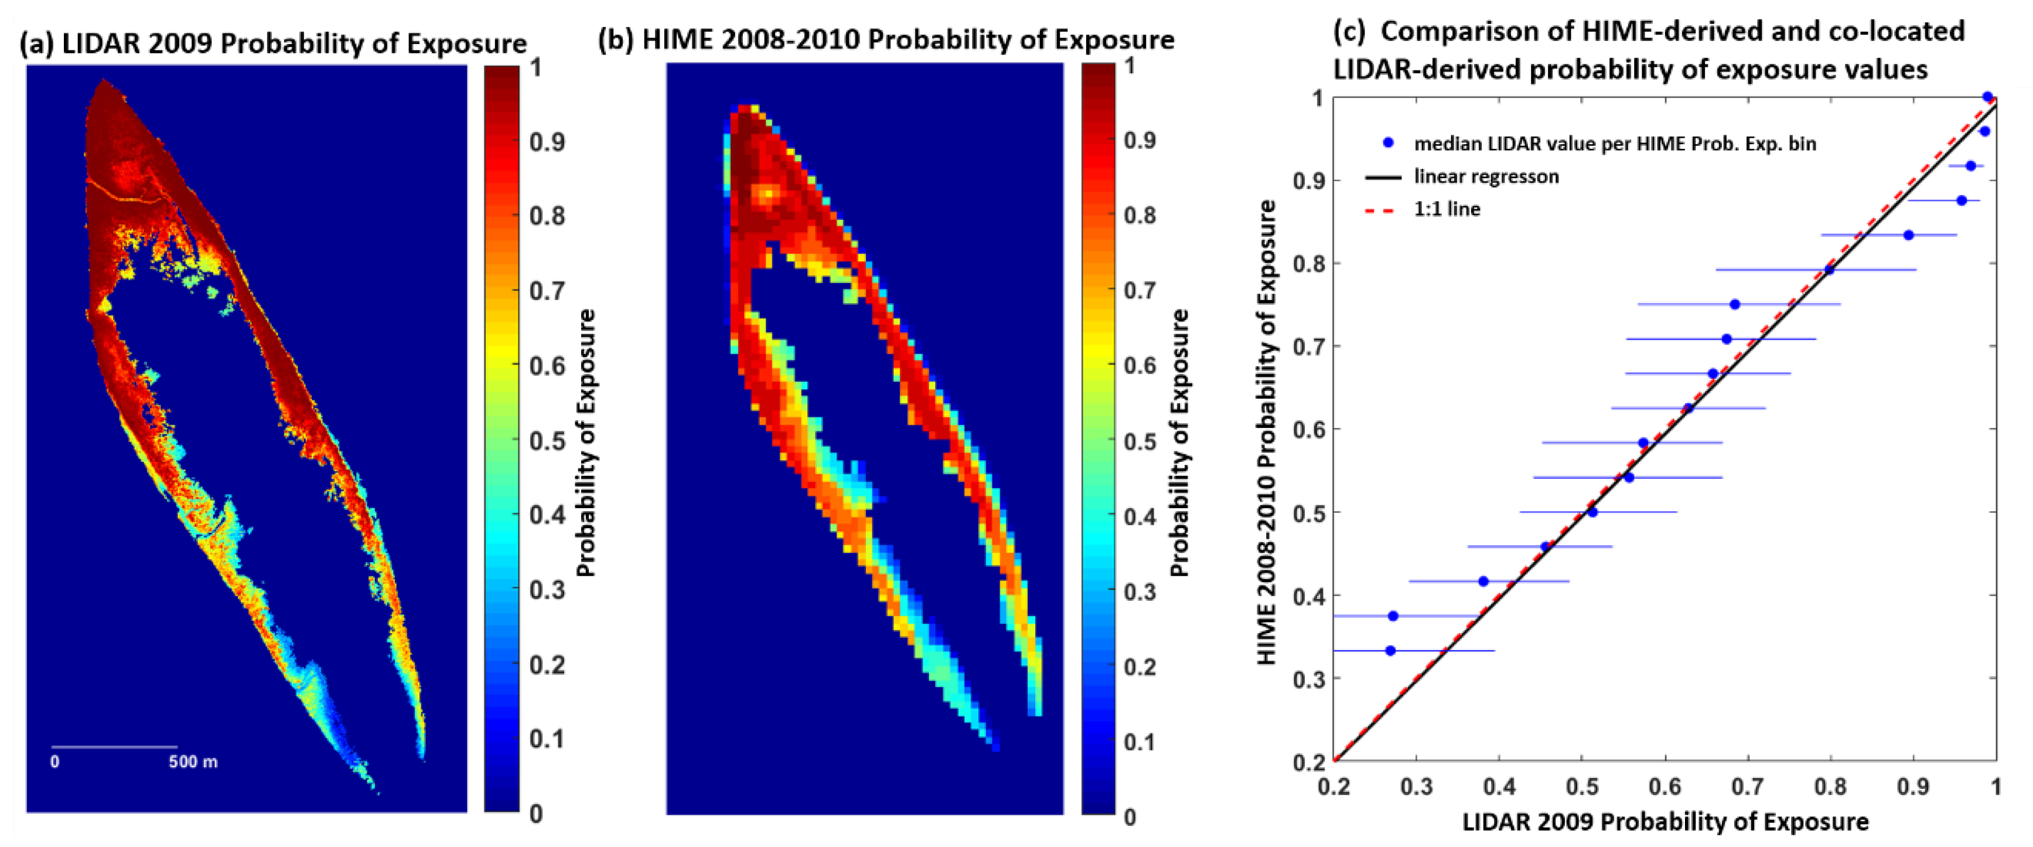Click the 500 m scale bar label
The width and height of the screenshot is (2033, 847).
click(x=193, y=762)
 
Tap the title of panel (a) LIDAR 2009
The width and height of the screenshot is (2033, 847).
click(x=273, y=43)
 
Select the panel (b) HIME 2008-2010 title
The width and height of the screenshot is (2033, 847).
click(x=885, y=39)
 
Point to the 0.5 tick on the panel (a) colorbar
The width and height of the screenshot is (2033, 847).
click(x=546, y=440)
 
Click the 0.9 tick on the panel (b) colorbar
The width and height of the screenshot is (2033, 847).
click(x=1140, y=141)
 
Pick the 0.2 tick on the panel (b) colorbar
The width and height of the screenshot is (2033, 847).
click(x=1140, y=667)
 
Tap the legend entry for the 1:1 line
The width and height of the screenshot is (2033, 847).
click(x=1446, y=209)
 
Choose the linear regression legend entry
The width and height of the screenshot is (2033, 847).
click(x=1485, y=176)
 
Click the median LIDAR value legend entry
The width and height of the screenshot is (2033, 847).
click(x=1614, y=144)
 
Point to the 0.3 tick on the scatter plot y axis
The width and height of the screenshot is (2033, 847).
click(x=1307, y=679)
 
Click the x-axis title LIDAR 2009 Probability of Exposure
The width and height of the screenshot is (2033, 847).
click(x=1664, y=822)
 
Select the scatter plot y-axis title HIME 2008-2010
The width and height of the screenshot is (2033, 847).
click(x=1266, y=433)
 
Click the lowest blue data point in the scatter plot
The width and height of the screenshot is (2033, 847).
click(x=1391, y=651)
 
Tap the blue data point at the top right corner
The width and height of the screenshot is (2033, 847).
click(x=1988, y=97)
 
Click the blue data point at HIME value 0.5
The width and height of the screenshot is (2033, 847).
click(x=1592, y=512)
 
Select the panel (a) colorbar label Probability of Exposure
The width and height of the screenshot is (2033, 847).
click(x=586, y=442)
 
